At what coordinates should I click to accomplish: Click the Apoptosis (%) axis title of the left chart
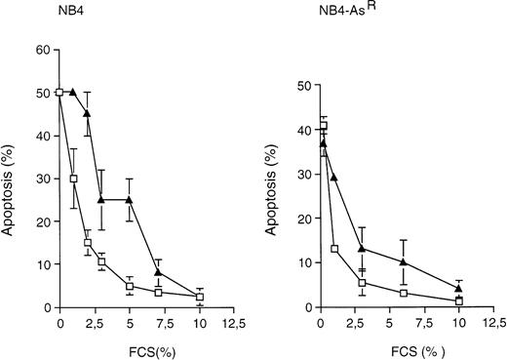click(x=12, y=180)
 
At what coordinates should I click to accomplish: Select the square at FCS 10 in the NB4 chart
click(x=200, y=297)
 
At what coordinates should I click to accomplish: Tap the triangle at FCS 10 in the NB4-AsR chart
click(x=458, y=289)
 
